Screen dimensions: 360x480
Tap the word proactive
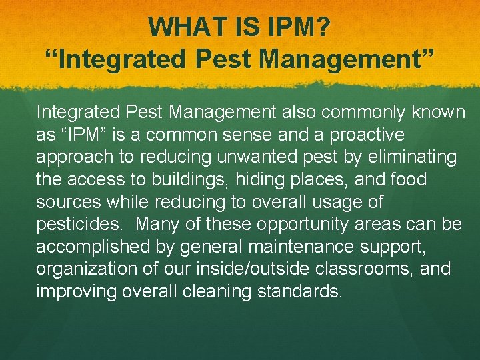(x=361, y=135)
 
